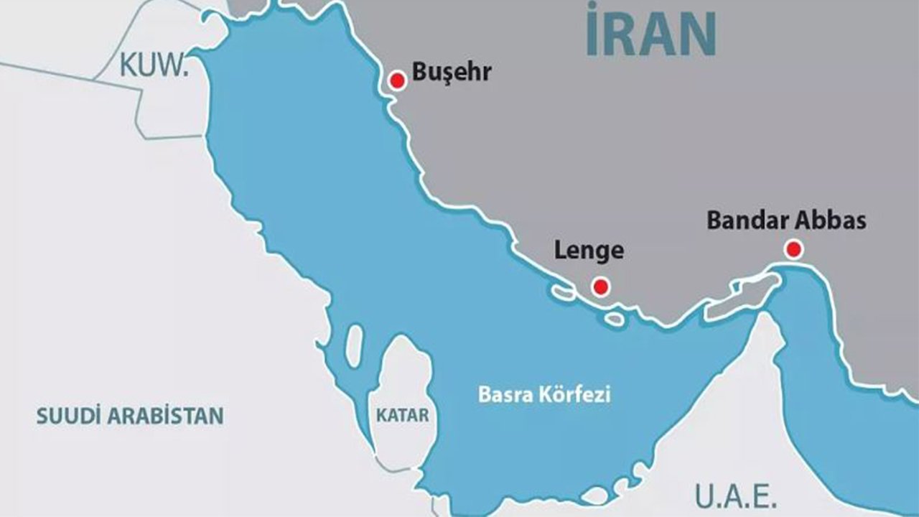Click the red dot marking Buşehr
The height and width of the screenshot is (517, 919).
pos(397,81)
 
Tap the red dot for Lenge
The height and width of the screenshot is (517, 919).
pos(601,287)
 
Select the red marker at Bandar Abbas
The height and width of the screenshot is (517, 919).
pos(793,250)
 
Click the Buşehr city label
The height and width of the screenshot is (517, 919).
pos(451,73)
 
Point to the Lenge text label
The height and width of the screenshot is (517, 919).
pos(589,251)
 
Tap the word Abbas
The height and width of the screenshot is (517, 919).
pos(831,220)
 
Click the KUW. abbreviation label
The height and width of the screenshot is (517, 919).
pos(153,65)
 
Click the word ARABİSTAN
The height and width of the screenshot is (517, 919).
pos(165,416)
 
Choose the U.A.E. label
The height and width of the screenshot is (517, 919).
pos(735,495)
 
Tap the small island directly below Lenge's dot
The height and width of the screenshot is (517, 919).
pos(614,318)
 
